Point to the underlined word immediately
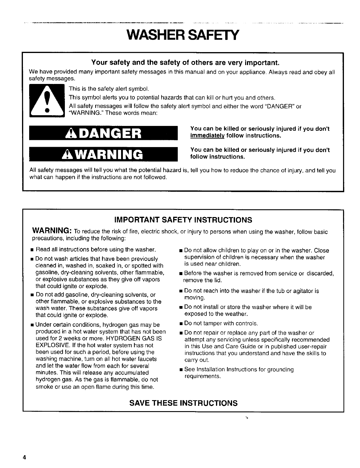[207, 136]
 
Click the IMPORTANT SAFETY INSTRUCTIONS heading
[183, 220]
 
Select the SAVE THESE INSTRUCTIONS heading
[183, 403]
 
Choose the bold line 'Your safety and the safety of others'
[185, 63]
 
